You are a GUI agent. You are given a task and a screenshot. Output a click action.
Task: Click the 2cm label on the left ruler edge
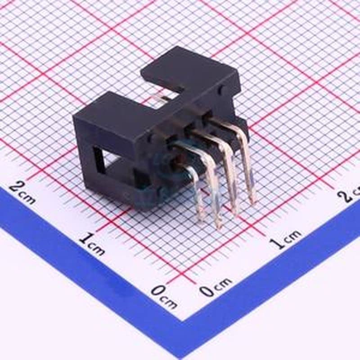coord(23,193)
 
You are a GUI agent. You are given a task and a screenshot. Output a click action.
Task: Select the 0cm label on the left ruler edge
coord(163,297)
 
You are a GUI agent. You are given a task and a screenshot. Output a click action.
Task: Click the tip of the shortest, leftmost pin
coord(201,218)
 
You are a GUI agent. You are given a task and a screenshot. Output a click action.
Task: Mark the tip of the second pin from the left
coord(218,226)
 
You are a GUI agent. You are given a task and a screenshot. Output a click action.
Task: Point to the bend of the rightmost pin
coord(242,130)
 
